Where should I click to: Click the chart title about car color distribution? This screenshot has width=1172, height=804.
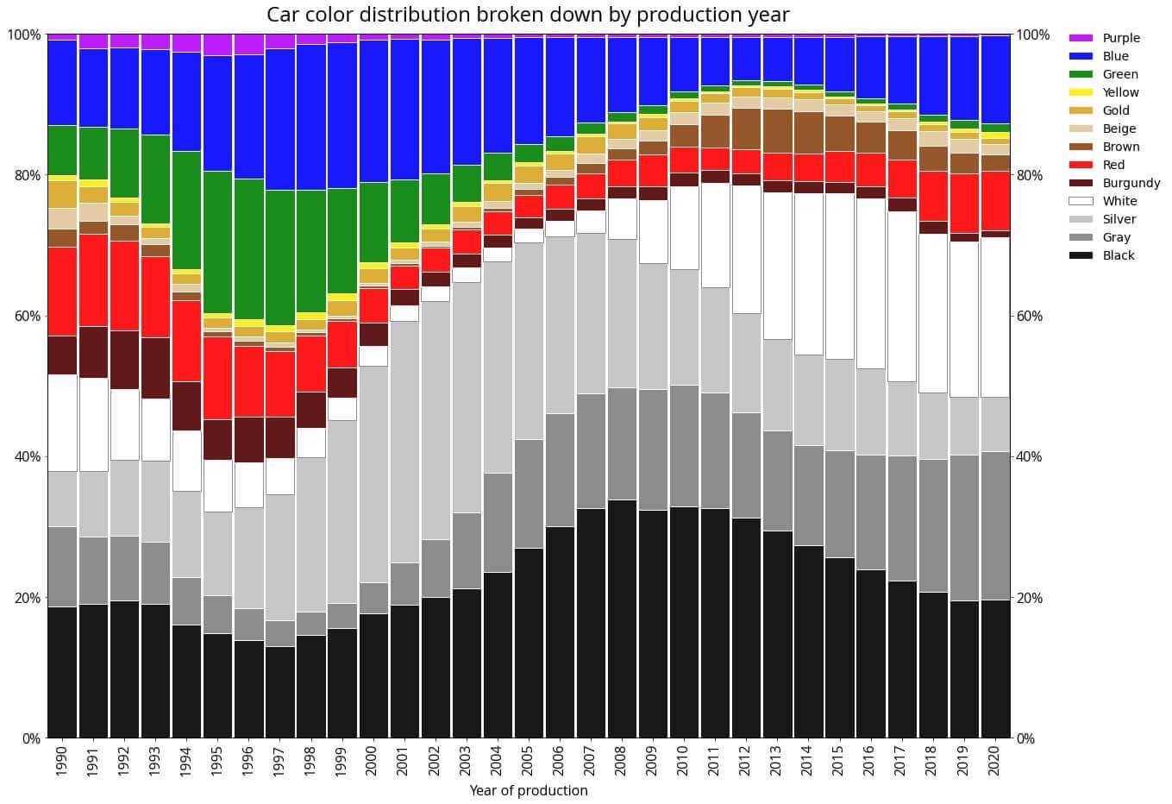coord(528,15)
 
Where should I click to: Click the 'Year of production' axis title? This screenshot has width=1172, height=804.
coord(528,790)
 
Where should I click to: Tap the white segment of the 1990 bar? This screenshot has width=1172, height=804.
coord(62,423)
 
